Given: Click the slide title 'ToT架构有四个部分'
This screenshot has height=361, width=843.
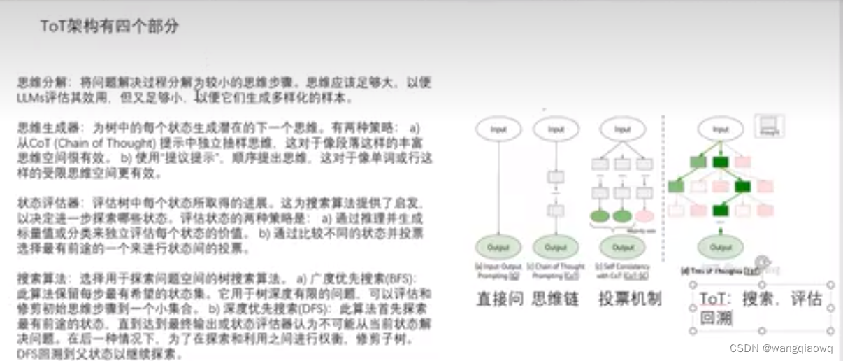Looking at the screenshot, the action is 109,27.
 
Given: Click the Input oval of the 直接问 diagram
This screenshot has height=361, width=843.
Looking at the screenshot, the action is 498,129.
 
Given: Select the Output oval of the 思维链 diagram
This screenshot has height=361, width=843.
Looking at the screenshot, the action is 556,247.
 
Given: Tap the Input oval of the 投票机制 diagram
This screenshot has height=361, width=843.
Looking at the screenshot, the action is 622,129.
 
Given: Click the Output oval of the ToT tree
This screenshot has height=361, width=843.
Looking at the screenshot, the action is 721,247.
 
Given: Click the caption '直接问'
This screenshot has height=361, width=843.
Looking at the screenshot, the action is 500,299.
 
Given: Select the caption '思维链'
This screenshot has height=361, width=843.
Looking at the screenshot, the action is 556,299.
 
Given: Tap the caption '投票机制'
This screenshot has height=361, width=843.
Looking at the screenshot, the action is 630,299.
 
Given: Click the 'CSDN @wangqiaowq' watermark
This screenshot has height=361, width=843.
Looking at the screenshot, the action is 781,348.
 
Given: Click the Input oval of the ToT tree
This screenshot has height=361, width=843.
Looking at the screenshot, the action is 720,129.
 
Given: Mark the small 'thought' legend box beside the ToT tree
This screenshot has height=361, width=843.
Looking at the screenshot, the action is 770,126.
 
